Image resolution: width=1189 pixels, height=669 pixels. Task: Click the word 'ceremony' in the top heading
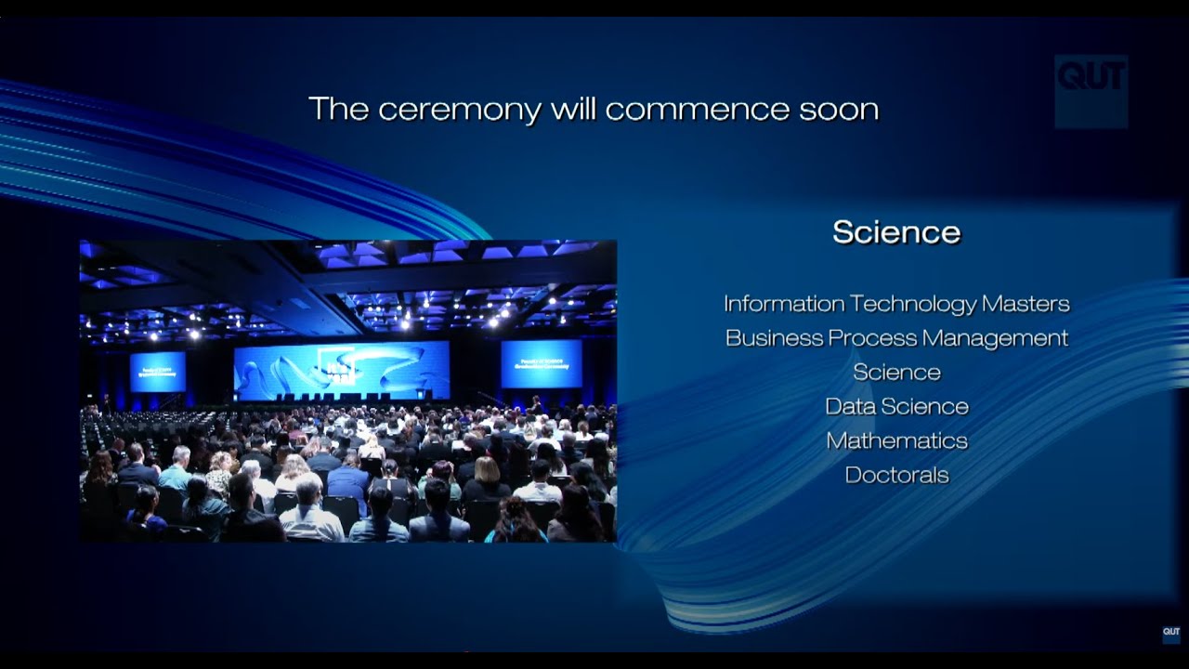[x=459, y=110]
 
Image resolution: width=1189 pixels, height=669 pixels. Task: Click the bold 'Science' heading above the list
[x=896, y=232]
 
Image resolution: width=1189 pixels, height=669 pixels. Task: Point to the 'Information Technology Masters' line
[x=896, y=304]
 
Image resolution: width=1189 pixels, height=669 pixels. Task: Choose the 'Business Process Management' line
[x=896, y=338]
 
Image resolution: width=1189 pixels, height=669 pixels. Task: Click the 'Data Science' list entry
[x=896, y=406]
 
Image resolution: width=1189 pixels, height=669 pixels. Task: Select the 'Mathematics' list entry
[x=896, y=440]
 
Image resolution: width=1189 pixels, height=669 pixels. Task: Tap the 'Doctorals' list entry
[x=896, y=475]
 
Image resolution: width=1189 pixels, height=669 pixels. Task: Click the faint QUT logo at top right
[x=1091, y=90]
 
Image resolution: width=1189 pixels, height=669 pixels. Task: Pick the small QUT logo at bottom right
[x=1171, y=634]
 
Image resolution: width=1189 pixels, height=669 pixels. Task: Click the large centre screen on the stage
[x=341, y=370]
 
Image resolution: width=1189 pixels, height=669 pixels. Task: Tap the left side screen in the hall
[x=157, y=372]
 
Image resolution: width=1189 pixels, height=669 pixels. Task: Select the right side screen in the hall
[x=542, y=363]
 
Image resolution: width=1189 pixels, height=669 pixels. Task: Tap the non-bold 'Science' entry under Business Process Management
[x=896, y=373]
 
